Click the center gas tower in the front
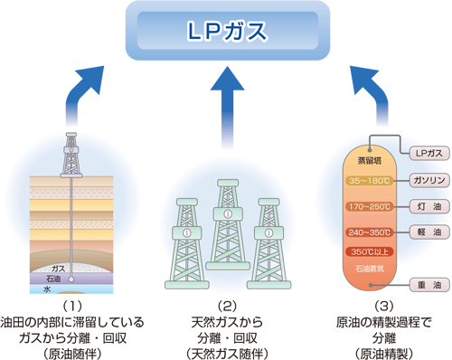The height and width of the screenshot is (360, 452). coord(226,235)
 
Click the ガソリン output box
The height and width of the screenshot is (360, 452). coord(425,179)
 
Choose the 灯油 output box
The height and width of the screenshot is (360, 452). coord(425,205)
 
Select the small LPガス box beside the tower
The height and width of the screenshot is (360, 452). coord(425,153)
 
